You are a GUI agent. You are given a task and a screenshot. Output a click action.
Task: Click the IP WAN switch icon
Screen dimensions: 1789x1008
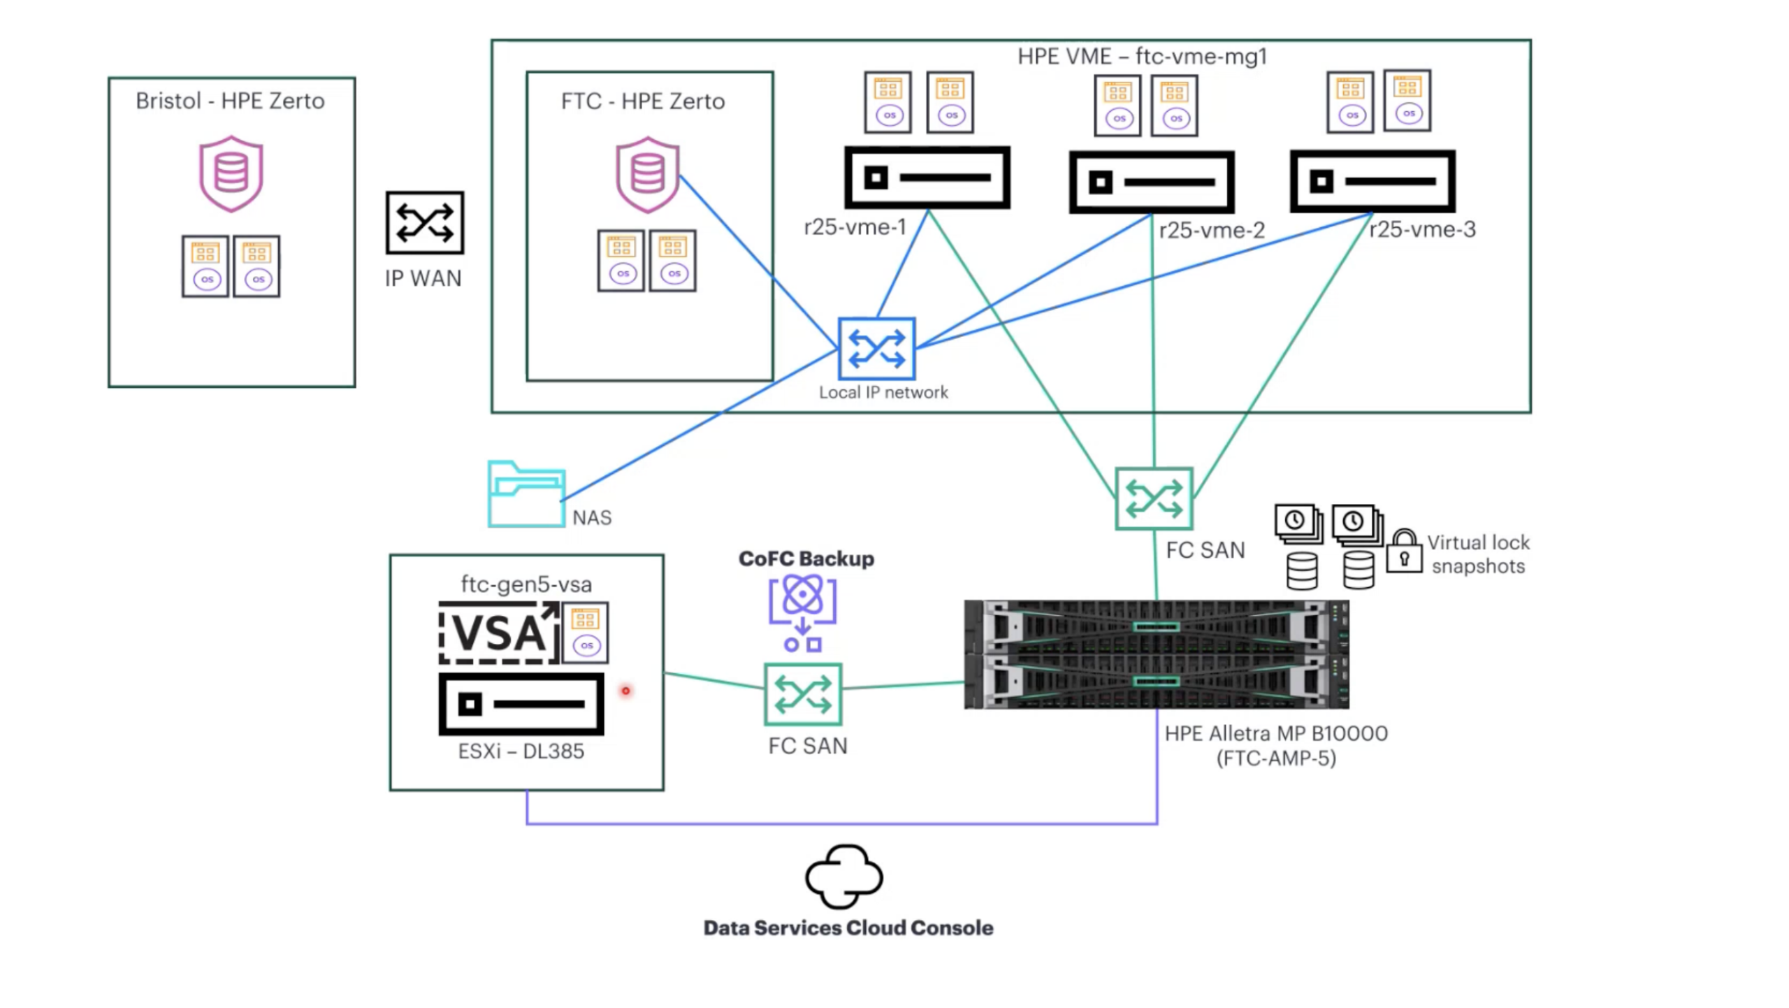point(424,222)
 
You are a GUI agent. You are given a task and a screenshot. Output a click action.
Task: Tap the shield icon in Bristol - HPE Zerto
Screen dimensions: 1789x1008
point(231,174)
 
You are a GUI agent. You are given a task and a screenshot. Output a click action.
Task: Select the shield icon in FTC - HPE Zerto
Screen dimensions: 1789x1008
point(647,174)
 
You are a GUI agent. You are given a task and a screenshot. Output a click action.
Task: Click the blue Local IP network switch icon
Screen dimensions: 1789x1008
point(876,348)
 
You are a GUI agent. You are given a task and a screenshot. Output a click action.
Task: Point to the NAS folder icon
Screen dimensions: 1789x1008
point(526,494)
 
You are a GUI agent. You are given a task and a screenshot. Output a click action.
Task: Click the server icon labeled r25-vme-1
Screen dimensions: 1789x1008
point(927,178)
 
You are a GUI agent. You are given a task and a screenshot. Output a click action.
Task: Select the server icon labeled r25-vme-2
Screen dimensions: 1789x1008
point(1152,182)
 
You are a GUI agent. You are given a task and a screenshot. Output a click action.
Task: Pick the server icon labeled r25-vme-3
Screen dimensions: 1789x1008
point(1372,181)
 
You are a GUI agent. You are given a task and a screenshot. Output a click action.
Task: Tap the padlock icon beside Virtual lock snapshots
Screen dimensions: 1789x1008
point(1404,552)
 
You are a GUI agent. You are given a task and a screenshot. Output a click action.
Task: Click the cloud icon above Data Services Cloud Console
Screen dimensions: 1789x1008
point(843,877)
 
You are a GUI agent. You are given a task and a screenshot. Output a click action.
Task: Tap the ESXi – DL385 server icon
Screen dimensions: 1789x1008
point(521,704)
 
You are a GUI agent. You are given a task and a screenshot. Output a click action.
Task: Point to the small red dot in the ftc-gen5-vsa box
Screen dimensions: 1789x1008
point(625,691)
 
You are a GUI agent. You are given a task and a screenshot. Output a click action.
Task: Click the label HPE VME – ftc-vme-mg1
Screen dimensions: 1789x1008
point(1142,56)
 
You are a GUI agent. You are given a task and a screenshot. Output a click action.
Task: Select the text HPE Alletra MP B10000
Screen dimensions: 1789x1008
point(1276,733)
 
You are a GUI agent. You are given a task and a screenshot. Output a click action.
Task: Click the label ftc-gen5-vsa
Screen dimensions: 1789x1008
point(526,584)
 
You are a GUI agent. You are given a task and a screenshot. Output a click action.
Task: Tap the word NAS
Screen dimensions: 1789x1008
point(592,517)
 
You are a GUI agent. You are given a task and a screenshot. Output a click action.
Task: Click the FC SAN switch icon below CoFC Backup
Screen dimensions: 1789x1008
point(803,694)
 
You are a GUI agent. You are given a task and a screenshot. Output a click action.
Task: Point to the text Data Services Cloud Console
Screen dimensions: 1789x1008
point(848,928)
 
